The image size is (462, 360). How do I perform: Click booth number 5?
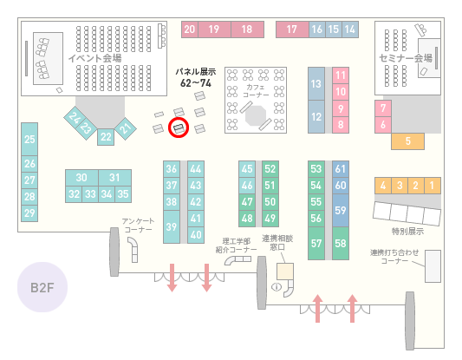[407, 141]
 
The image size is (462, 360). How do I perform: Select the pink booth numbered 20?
[190, 29]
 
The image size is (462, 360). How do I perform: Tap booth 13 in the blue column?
[316, 84]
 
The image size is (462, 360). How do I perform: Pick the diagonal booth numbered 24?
[75, 117]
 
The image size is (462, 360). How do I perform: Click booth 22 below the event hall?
[106, 137]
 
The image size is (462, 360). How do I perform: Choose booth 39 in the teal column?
[172, 226]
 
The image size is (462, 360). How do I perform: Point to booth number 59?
[341, 210]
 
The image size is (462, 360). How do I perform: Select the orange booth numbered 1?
[433, 186]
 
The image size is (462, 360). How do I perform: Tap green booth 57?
[316, 243]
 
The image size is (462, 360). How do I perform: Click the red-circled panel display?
[179, 128]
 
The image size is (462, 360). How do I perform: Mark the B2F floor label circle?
[42, 287]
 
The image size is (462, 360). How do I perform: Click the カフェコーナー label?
[256, 91]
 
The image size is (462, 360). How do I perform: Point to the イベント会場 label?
[94, 58]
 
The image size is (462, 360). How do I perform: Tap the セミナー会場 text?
[406, 58]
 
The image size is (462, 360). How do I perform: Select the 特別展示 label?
[407, 232]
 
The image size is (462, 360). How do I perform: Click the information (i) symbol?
[277, 286]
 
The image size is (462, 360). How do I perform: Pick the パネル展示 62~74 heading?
[196, 77]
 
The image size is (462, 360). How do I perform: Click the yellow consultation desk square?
[285, 272]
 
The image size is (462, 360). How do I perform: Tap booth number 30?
[81, 178]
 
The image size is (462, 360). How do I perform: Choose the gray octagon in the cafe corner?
[256, 115]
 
